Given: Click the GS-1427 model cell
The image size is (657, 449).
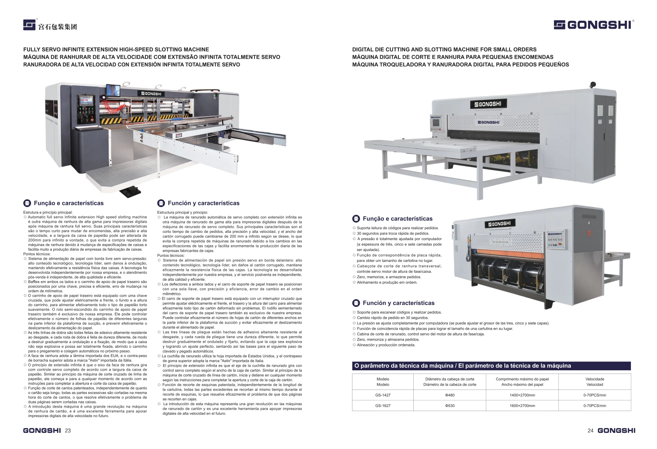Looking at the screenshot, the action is [x=383, y=395].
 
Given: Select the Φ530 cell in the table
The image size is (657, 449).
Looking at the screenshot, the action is [x=450, y=405].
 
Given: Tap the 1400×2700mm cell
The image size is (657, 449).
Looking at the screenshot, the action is [x=522, y=395].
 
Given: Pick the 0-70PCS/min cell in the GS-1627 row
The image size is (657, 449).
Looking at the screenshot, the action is [x=595, y=405].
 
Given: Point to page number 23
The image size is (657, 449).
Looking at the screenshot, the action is [x=68, y=431].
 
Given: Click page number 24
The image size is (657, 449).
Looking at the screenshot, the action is [x=590, y=431].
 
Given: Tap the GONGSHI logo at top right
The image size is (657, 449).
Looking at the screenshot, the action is [x=594, y=25].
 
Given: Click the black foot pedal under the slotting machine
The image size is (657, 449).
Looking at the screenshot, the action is [x=129, y=192].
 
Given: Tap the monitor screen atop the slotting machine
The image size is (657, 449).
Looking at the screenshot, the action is [x=113, y=90].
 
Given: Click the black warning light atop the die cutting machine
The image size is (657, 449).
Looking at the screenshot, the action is [x=593, y=85].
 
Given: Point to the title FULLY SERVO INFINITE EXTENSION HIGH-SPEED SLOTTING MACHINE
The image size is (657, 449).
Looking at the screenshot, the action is [x=116, y=49].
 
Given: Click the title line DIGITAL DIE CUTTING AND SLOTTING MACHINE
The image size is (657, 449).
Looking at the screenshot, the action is [x=444, y=49].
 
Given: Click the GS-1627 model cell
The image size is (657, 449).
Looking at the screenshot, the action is [x=383, y=405].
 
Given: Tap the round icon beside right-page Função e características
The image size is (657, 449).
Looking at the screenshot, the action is [x=356, y=219].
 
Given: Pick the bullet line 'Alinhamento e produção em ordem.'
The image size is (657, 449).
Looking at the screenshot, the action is [x=387, y=282].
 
